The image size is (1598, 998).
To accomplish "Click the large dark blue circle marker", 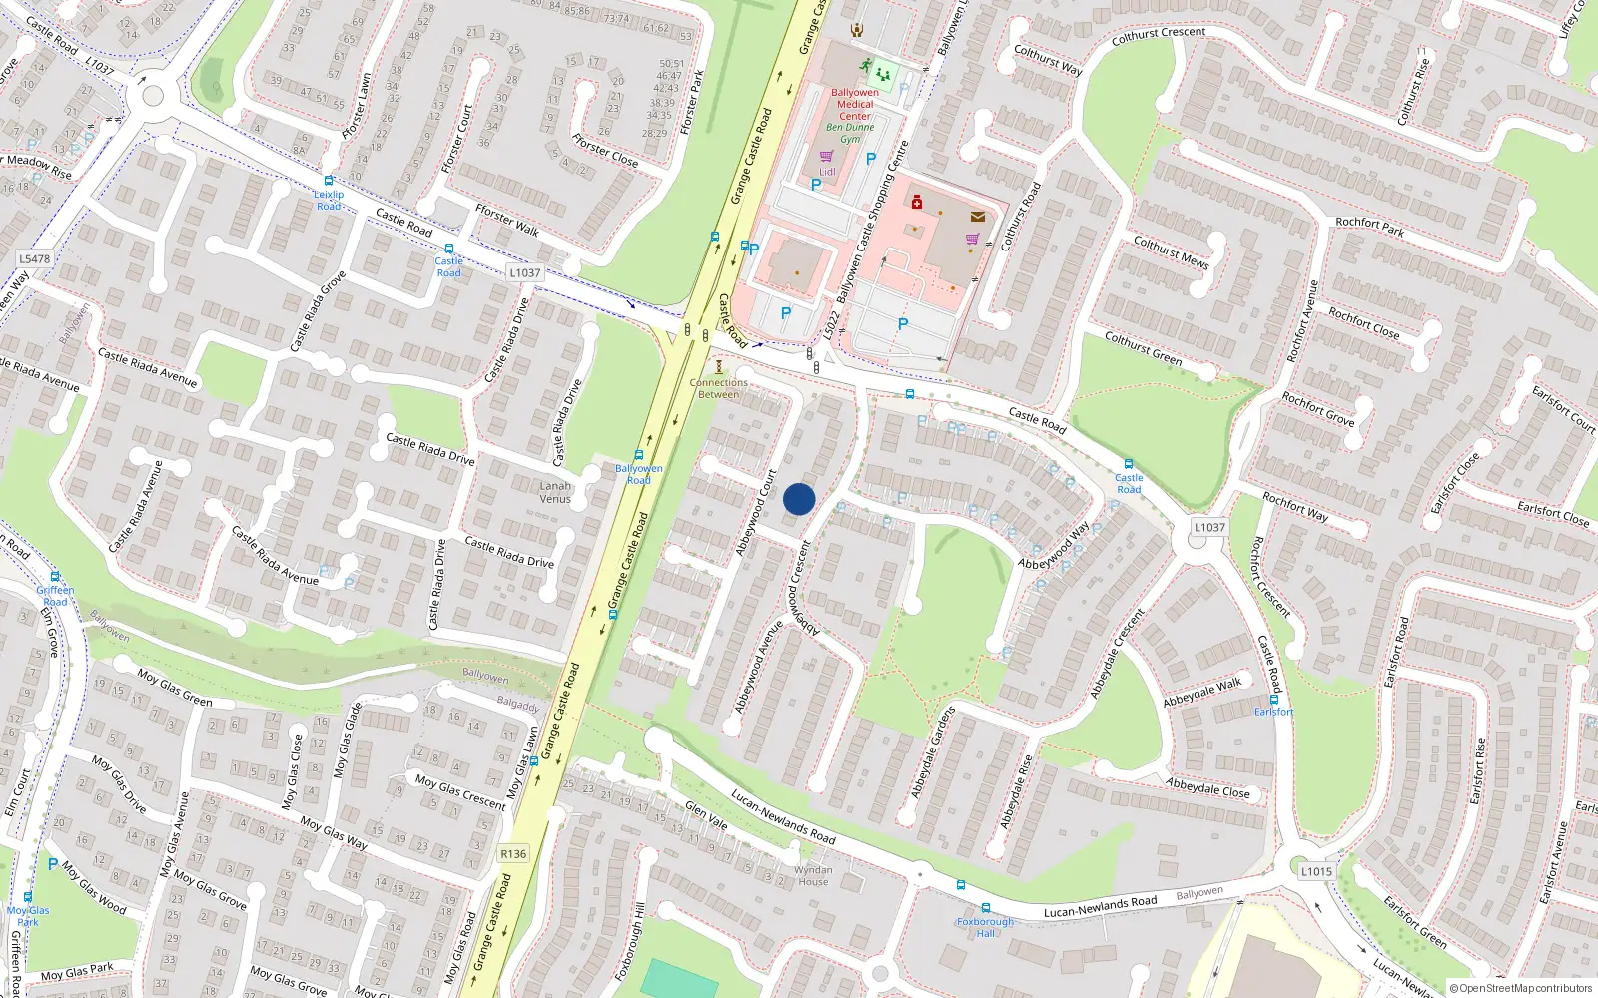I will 799,499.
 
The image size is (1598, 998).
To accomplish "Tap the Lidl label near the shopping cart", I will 827,172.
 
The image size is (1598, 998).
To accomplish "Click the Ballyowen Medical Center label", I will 855,104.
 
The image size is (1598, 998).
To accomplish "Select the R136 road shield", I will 513,854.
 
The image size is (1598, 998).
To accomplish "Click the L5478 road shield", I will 34,258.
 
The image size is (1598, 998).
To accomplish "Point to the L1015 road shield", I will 1316,871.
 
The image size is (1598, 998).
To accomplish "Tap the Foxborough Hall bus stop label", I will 985,927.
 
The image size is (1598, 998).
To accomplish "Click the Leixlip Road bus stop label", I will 329,200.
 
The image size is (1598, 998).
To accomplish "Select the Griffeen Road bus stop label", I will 55,596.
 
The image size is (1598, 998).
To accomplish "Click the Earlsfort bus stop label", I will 1273,712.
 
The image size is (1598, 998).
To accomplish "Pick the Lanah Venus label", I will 555,492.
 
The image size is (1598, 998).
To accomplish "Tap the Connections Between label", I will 718,388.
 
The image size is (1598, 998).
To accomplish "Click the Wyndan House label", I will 813,876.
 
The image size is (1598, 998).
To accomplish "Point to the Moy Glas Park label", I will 28,916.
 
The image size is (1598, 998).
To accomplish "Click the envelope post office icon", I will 977,216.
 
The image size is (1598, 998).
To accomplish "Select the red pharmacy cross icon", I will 917,203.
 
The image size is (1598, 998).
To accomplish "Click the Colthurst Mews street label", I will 1171,252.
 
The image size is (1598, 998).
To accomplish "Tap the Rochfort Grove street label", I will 1318,409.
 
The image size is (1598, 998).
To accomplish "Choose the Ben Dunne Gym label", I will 850,133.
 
